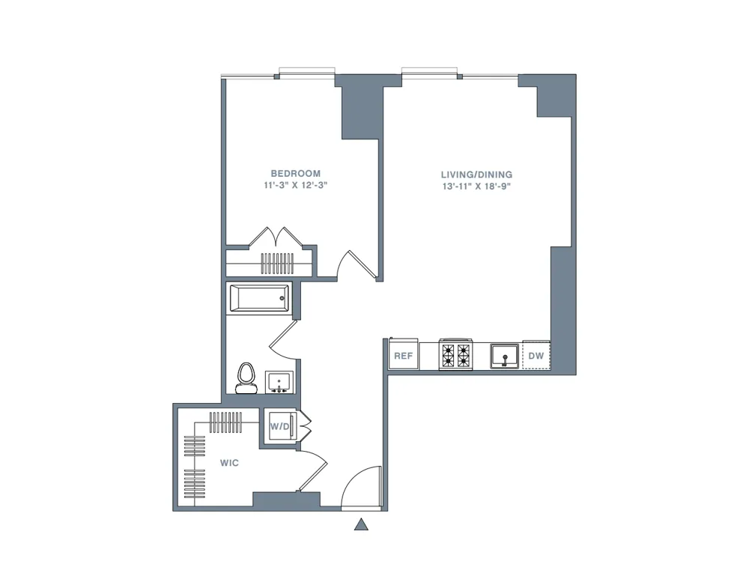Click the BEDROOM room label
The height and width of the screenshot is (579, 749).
pos(295,173)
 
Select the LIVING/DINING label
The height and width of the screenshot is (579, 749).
pos(476,175)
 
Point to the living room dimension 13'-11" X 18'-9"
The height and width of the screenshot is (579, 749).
pos(476,187)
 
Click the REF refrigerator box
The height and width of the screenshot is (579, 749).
pos(403,356)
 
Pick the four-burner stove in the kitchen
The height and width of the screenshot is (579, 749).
pos(456,355)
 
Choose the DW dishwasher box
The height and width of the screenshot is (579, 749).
pos(536,356)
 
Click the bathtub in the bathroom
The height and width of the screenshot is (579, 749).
pos(258,299)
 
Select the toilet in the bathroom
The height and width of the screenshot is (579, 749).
pos(245,378)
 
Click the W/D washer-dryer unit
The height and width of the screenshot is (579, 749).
pos(279,426)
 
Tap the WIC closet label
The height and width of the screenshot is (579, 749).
pos(229,463)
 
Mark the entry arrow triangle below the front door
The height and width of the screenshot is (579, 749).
pos(361,524)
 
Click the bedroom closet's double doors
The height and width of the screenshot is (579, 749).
pos(275,237)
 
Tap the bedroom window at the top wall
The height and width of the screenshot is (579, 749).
pos(306,73)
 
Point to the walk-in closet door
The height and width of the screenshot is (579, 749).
pos(312,472)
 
